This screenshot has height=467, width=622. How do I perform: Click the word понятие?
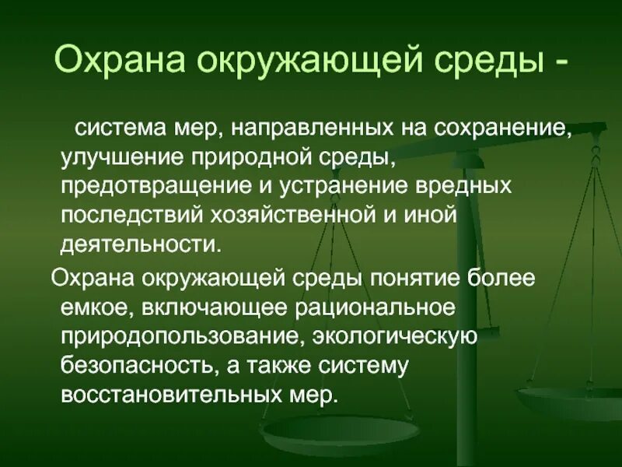pos(404,276)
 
